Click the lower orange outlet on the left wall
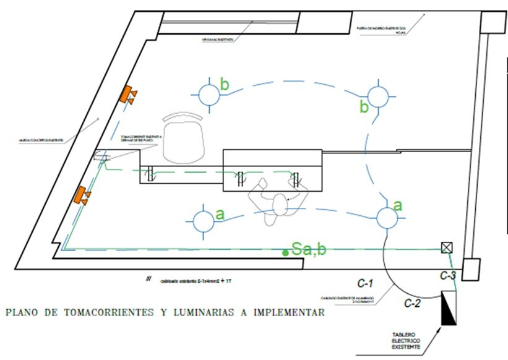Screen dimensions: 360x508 (80, 195)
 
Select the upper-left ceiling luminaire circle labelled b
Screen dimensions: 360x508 (209, 94)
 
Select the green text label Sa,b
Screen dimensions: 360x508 (309, 250)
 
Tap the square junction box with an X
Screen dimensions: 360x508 (446, 247)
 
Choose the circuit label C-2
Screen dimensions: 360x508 (413, 303)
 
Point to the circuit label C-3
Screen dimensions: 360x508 (448, 275)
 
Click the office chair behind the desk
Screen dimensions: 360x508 (183, 139)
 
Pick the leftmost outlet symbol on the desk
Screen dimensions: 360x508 (150, 175)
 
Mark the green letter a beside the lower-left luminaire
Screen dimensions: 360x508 (220, 215)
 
